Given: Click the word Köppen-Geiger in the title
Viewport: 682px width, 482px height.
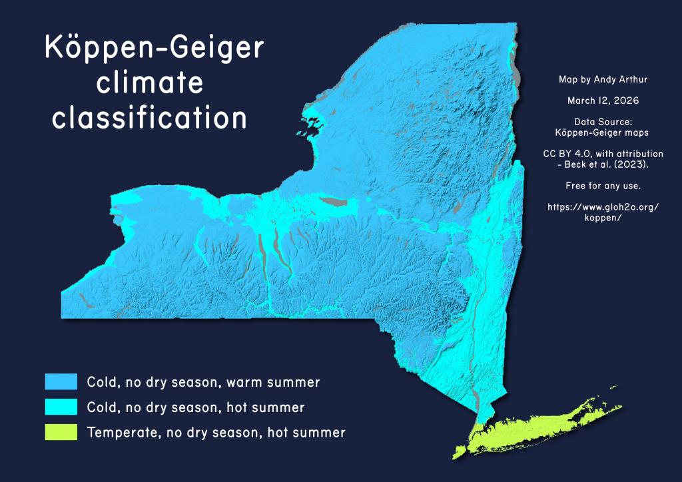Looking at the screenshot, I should click(155, 51).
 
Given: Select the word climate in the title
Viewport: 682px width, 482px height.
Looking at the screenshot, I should click(150, 85).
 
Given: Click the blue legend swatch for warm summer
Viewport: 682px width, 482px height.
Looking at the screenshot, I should click(61, 381).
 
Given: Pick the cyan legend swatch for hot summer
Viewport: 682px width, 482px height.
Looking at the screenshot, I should click(61, 407).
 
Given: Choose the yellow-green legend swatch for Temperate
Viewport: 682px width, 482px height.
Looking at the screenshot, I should click(61, 432).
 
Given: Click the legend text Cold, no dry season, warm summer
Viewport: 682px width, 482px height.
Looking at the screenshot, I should click(204, 382).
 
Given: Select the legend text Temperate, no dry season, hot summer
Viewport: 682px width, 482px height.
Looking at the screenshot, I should click(216, 433).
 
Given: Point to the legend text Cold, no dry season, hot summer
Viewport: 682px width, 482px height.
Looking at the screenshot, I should click(196, 407).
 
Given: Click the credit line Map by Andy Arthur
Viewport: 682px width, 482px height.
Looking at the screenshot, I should click(603, 79).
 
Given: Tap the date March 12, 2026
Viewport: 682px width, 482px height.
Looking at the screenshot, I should click(603, 101).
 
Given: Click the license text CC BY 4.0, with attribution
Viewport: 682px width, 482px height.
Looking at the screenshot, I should click(603, 154).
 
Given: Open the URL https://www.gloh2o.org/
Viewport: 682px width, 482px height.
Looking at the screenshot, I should click(603, 207).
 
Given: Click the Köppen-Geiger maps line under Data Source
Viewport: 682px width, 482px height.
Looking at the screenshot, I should click(603, 132).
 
